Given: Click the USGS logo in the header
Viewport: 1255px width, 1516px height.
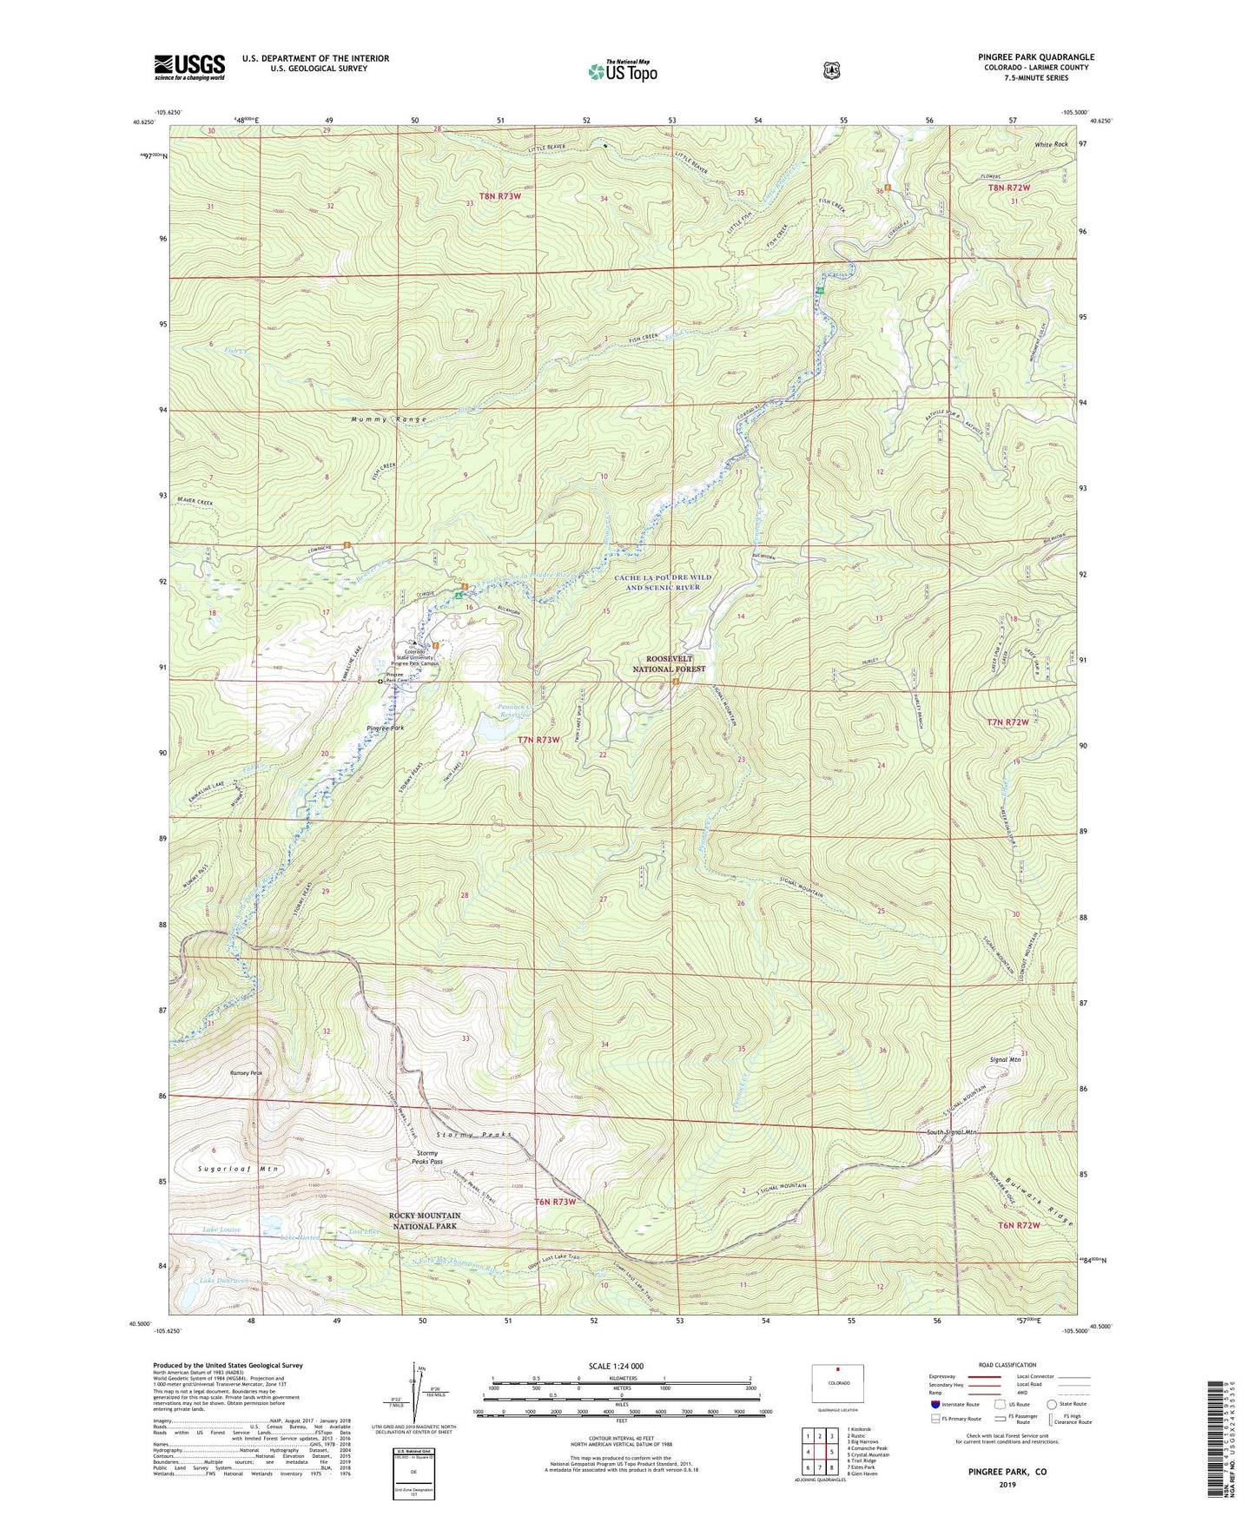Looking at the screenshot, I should tap(189, 67).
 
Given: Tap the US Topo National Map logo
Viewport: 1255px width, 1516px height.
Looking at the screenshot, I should tap(622, 71).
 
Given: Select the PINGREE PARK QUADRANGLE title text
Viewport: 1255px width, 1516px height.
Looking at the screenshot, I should tap(1035, 57).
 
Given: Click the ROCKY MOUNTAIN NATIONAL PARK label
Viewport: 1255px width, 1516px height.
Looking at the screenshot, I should tap(424, 1220).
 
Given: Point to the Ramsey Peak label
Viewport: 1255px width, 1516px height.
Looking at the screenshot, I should tap(246, 1073).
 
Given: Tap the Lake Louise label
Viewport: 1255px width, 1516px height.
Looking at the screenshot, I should tap(221, 1230).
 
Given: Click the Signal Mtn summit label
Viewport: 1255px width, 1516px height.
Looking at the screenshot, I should tap(1005, 1059).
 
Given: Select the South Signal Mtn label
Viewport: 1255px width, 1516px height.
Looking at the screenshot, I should tap(951, 1132).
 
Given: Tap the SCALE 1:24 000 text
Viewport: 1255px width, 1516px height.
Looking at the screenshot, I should tap(616, 1366).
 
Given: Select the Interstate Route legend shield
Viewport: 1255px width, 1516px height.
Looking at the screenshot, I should tap(935, 1404).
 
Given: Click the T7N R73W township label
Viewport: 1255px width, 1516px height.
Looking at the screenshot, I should tap(538, 740).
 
